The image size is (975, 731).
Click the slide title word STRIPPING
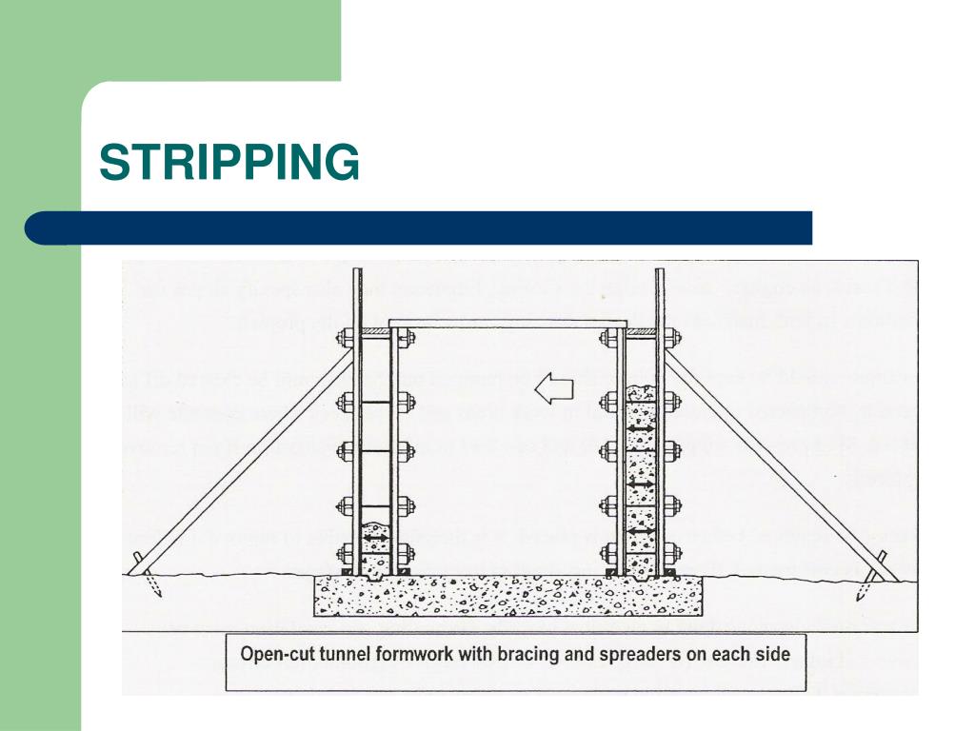coord(229,162)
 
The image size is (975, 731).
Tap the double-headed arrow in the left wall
coord(373,538)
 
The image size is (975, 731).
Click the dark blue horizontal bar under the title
coord(419,228)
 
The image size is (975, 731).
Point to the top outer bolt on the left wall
coord(344,337)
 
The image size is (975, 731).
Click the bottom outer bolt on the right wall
coord(672,549)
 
